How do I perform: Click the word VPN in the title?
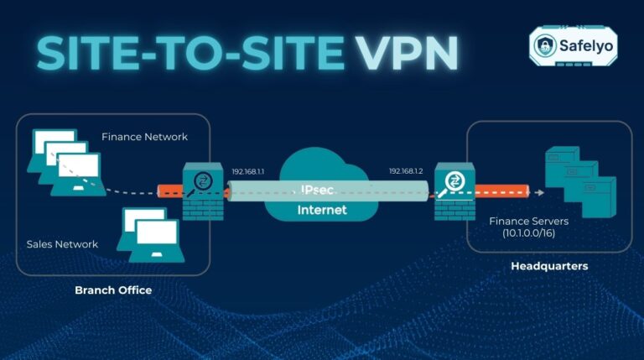405,53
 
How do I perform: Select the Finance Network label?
144,137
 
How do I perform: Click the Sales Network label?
62,244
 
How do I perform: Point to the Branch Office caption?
113,290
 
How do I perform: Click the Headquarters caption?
549,266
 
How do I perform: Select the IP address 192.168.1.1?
248,171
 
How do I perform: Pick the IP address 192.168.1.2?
405,171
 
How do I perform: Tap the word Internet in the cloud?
322,210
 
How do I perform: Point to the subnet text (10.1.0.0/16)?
529,234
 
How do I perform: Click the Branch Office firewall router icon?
202,191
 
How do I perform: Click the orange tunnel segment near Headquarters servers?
501,190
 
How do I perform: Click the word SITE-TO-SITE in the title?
189,53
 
